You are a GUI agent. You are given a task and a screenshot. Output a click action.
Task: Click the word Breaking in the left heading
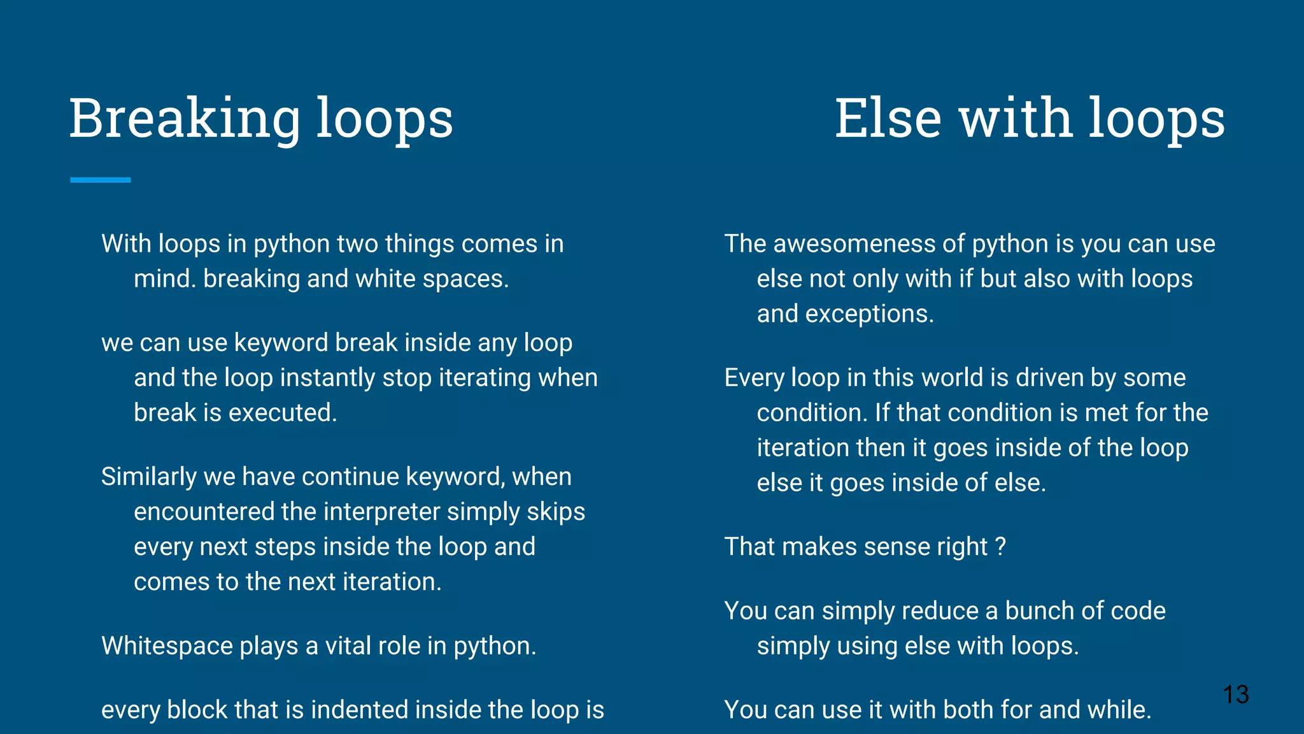point(185,119)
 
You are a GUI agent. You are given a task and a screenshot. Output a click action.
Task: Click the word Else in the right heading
point(888,119)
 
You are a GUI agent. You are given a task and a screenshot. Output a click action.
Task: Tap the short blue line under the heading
point(101,180)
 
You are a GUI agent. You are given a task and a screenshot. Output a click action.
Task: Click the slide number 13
point(1235,694)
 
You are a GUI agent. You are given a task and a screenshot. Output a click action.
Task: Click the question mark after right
point(1000,547)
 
